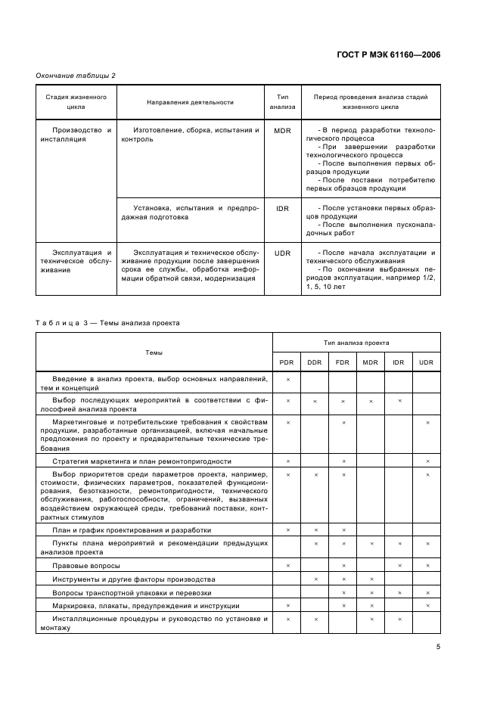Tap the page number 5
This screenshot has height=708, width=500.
438,647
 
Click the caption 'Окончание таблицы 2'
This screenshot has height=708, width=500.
76,75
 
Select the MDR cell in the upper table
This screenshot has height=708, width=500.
283,130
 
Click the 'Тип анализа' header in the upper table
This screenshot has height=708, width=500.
283,102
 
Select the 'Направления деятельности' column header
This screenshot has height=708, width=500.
190,102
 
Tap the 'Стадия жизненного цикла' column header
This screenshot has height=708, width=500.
76,102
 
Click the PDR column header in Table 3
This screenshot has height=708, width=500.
287,362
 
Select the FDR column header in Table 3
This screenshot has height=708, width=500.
343,362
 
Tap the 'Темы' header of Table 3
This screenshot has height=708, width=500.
154,352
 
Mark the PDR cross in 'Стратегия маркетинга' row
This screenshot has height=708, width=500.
287,461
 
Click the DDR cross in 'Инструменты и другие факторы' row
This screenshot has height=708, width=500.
315,579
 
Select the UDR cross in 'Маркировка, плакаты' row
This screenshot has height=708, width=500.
427,606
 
